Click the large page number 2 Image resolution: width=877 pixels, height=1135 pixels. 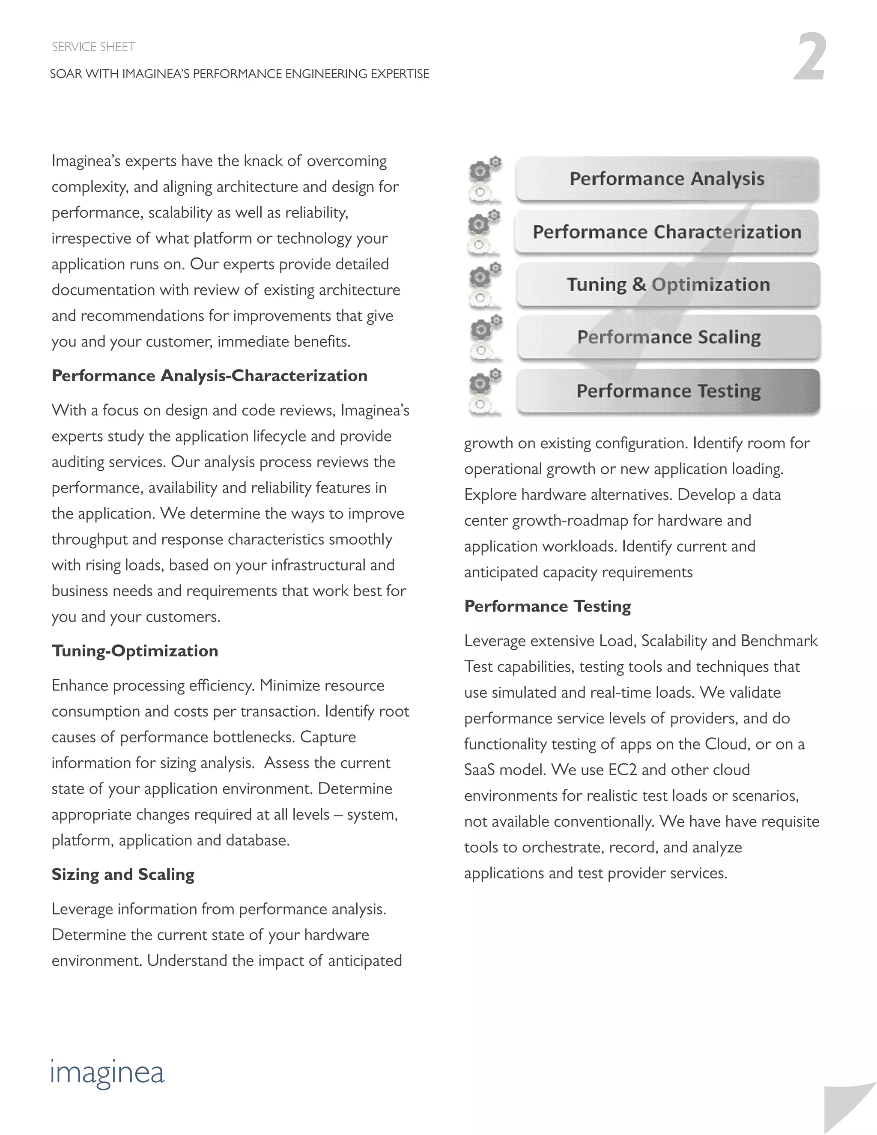click(809, 57)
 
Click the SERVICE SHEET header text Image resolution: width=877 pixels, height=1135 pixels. click(93, 47)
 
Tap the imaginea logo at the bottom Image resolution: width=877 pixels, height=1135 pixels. click(107, 1072)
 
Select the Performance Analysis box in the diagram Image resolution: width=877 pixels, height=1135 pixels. click(667, 179)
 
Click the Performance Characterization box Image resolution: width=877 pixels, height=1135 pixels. click(667, 232)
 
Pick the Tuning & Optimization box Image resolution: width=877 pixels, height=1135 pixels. click(668, 285)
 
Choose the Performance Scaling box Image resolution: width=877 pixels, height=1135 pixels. click(669, 337)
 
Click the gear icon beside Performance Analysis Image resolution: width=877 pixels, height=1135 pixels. click(485, 179)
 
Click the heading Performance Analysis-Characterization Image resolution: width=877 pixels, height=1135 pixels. click(209, 376)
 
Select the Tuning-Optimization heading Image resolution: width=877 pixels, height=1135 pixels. click(135, 651)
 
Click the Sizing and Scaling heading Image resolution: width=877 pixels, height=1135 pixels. click(123, 875)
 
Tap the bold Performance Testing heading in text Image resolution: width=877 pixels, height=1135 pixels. click(548, 606)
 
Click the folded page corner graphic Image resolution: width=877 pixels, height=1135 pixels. click(850, 1110)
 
